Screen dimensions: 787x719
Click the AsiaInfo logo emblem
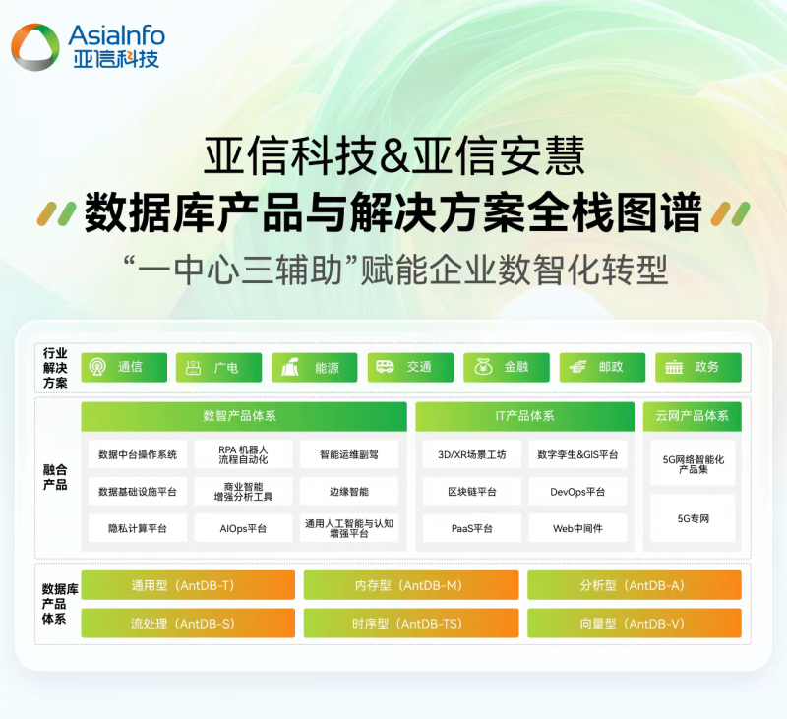tap(35, 47)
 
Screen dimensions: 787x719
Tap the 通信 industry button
tap(124, 367)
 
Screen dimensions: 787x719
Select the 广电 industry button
tap(218, 367)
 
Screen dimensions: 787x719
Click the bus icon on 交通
tap(385, 367)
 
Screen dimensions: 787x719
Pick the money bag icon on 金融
tap(483, 367)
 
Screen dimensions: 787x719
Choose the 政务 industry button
tap(698, 367)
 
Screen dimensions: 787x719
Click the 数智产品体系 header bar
tap(244, 416)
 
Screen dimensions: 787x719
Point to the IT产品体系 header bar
tap(525, 416)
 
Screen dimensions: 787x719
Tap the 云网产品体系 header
tap(693, 416)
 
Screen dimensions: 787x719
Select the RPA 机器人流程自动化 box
tap(243, 454)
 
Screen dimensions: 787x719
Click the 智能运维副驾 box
tap(349, 454)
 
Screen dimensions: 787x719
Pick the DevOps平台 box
tap(577, 492)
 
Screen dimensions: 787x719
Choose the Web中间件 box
tap(577, 528)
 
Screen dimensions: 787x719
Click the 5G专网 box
tap(694, 518)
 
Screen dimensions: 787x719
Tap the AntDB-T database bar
tap(188, 585)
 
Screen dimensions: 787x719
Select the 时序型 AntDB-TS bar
tap(411, 624)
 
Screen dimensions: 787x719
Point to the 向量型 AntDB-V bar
tap(635, 624)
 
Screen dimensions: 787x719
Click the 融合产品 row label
tap(55, 477)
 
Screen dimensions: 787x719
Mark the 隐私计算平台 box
tap(138, 528)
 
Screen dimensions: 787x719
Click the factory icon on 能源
tap(289, 367)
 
